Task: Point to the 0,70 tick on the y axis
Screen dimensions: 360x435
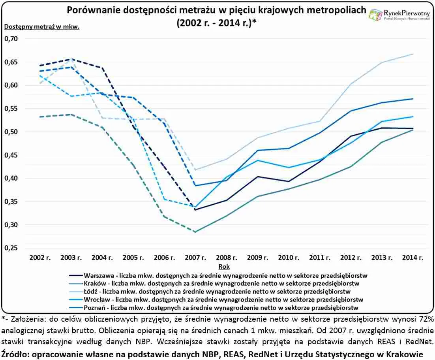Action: tap(11, 39)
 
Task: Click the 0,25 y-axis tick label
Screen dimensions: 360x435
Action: tap(11, 248)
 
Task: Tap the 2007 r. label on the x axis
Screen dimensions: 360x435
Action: tap(195, 257)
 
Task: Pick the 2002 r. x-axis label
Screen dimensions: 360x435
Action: tap(40, 257)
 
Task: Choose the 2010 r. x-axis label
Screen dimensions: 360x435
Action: tap(289, 257)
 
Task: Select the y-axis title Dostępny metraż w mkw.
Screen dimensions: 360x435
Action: tap(42, 27)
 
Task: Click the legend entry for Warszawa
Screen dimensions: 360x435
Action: tap(221, 275)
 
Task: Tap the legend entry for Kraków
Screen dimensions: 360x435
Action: tap(221, 283)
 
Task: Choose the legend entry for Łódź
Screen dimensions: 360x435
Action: tap(221, 291)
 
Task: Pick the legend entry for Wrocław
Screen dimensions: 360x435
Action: tap(221, 299)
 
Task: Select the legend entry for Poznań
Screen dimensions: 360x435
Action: tap(221, 307)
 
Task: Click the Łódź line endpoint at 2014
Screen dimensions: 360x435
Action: tap(413, 54)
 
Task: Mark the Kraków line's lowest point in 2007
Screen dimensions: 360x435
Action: tap(195, 232)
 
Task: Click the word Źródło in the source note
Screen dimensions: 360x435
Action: tap(14, 354)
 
